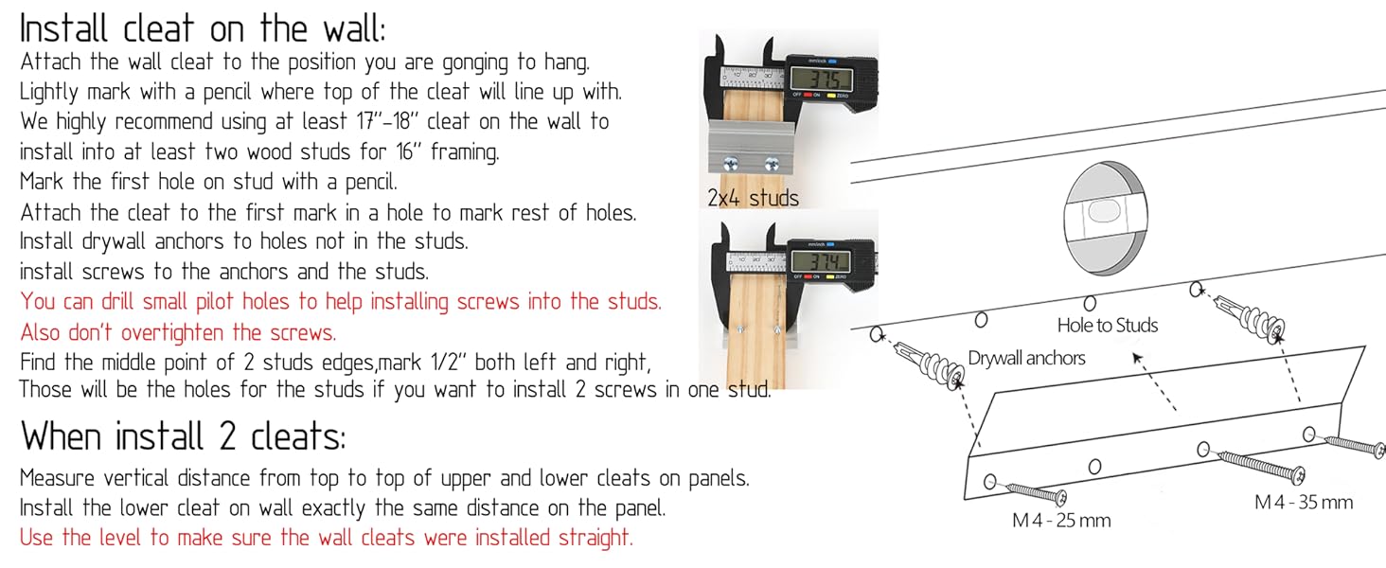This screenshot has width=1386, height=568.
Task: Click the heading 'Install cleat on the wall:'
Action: [x=203, y=29]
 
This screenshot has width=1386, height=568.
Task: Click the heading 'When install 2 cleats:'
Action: [x=183, y=436]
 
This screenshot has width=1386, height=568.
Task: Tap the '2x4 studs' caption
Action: [x=753, y=198]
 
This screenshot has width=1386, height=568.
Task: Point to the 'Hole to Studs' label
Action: [x=1107, y=325]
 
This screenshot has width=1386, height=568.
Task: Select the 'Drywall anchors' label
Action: [x=1026, y=358]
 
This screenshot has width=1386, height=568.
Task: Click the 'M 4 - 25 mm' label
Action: [x=1061, y=521]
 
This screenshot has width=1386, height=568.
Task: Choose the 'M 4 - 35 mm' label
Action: [x=1304, y=502]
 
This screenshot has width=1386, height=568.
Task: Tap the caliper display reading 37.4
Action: [x=821, y=261]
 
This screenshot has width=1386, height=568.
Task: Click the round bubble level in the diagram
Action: [x=1106, y=217]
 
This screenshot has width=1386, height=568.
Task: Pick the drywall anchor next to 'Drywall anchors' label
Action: [x=928, y=363]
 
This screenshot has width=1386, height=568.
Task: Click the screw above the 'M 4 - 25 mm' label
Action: [x=1037, y=492]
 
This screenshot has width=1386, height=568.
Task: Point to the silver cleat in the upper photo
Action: [x=750, y=146]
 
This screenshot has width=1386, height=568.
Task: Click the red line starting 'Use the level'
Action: [x=326, y=537]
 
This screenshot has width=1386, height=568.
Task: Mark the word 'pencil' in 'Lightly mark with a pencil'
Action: [x=227, y=92]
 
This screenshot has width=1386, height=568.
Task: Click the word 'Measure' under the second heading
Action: [x=57, y=478]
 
